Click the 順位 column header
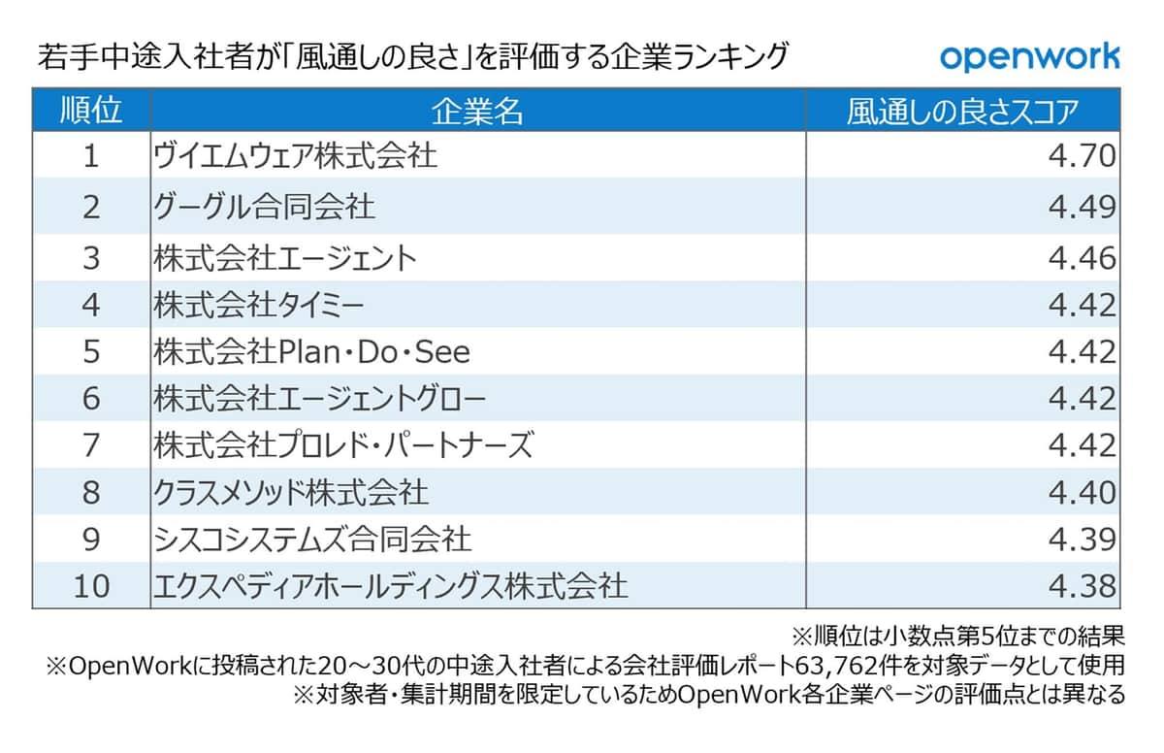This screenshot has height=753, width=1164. [x=91, y=111]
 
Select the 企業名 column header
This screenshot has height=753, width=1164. [x=477, y=111]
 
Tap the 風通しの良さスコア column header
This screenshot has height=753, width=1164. [x=962, y=111]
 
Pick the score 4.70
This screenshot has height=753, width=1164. [x=1083, y=156]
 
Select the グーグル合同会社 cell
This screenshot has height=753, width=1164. [x=265, y=206]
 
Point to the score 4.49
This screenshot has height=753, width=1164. [x=1083, y=206]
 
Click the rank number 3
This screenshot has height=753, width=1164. [x=91, y=258]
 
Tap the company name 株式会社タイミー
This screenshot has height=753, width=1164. [x=259, y=305]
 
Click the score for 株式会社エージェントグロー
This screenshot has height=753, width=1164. [x=1083, y=398]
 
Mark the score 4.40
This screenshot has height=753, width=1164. [x=1083, y=492]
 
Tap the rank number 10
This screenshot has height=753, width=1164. [x=91, y=586]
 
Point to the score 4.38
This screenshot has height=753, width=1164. [x=1083, y=586]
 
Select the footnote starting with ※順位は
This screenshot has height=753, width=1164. [x=958, y=638]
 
